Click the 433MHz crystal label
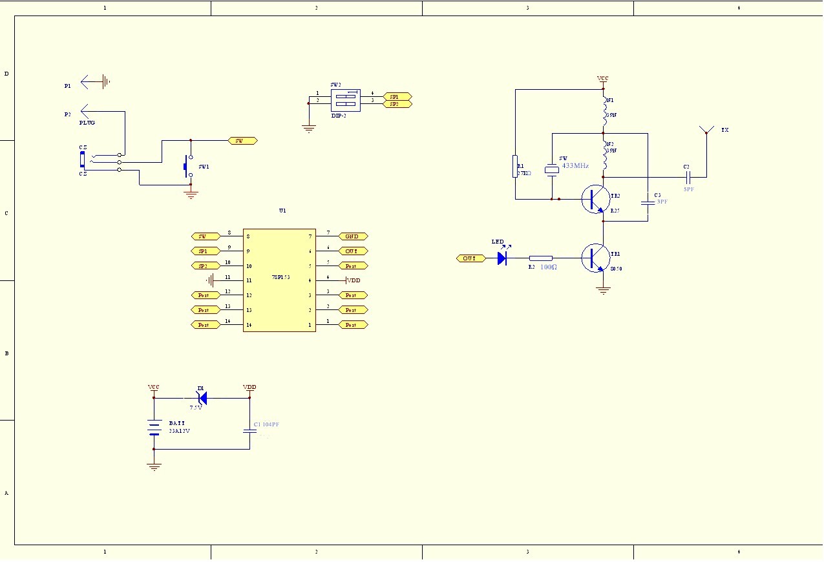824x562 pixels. point(575,166)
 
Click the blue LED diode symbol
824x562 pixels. point(502,258)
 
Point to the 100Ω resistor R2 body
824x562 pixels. point(540,258)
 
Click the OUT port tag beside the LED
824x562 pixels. point(470,258)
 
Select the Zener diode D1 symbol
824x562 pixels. point(202,398)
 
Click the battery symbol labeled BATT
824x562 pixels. point(154,428)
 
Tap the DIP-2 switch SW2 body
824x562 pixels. point(345,99)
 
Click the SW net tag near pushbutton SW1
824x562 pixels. point(243,140)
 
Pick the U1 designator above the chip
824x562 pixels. point(282,211)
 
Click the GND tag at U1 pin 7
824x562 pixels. point(353,236)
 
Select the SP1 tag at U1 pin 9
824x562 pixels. point(206,251)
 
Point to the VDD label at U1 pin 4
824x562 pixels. point(354,280)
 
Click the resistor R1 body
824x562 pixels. point(515,166)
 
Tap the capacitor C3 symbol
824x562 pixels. point(648,202)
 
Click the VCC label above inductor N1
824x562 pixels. point(602,79)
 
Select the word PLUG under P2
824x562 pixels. point(87,122)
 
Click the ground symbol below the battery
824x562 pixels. point(154,466)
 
